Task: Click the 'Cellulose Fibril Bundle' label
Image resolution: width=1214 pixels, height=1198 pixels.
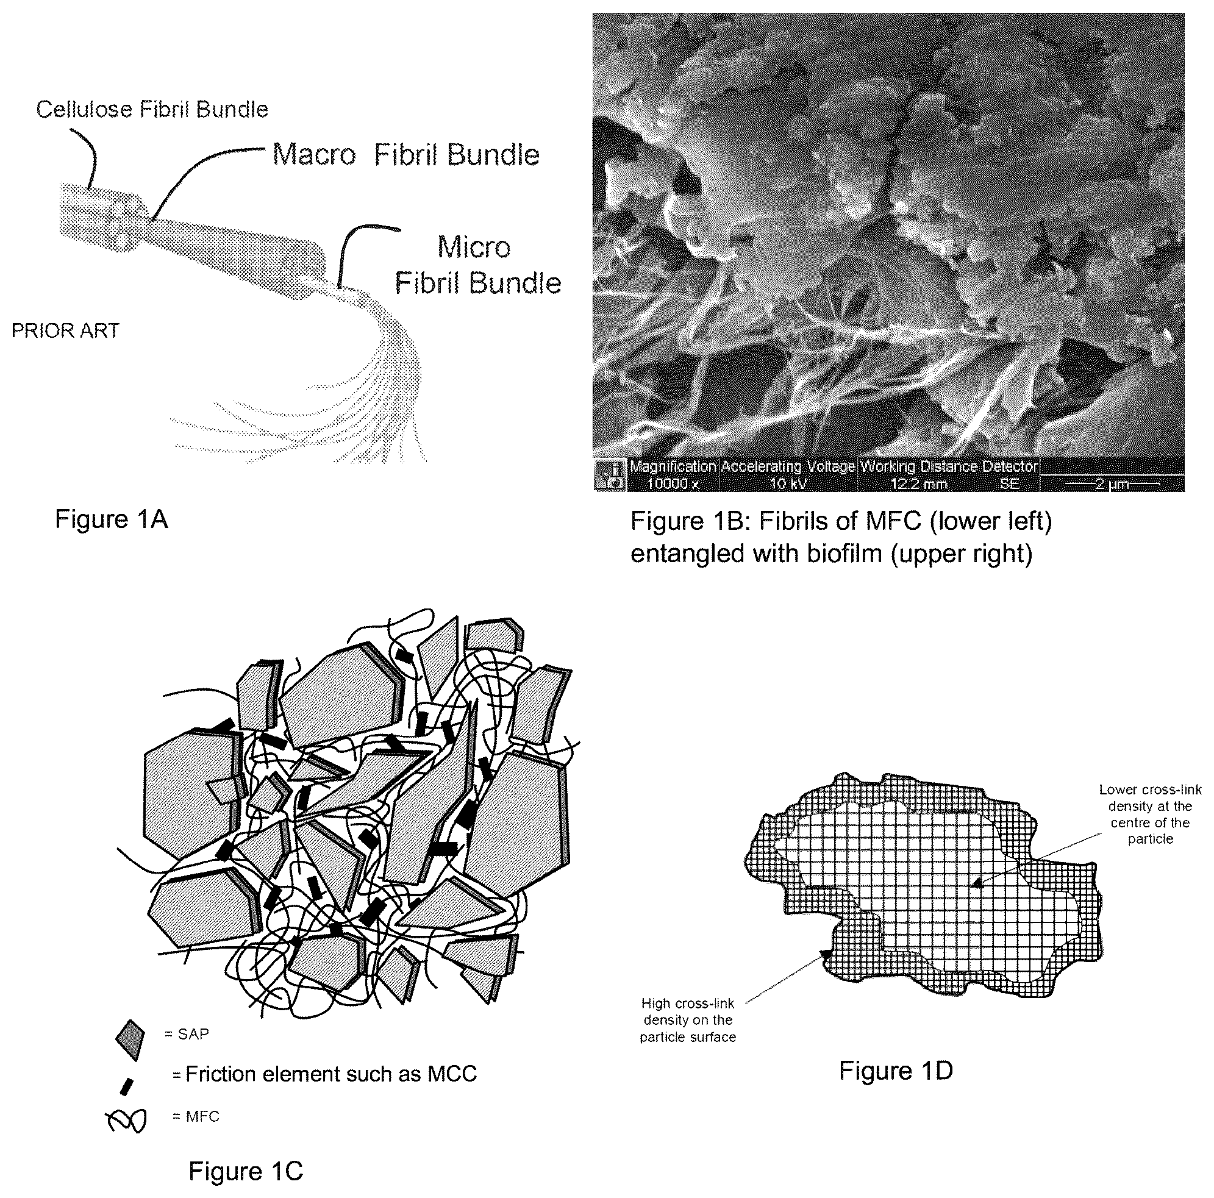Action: pyautogui.click(x=152, y=110)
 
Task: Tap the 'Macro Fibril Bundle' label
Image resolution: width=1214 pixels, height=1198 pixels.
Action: pyautogui.click(x=406, y=154)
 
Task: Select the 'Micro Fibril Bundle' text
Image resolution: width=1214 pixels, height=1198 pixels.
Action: pyautogui.click(x=477, y=265)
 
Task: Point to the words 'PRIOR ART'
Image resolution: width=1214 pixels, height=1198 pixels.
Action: pyautogui.click(x=65, y=330)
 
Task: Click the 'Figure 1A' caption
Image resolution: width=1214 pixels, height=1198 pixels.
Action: pyautogui.click(x=111, y=519)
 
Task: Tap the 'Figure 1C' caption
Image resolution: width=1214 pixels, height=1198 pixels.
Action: pyautogui.click(x=246, y=1172)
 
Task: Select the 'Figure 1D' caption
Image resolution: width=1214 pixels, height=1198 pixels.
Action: pyautogui.click(x=896, y=1071)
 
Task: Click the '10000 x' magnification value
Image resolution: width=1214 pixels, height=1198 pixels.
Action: pyautogui.click(x=672, y=483)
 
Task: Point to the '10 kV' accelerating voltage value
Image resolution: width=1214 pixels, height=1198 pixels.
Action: pyautogui.click(x=788, y=483)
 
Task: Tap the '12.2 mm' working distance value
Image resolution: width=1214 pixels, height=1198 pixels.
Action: pyautogui.click(x=919, y=483)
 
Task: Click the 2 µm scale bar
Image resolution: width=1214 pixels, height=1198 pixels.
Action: pyautogui.click(x=1112, y=483)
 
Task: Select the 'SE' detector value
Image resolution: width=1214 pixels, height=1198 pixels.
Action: pyautogui.click(x=1009, y=483)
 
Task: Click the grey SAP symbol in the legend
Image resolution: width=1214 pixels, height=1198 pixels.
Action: pyautogui.click(x=130, y=1037)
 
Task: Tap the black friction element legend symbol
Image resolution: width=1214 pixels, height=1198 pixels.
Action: pyautogui.click(x=127, y=1087)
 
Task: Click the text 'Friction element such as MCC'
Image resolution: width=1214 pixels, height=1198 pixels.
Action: pyautogui.click(x=331, y=1074)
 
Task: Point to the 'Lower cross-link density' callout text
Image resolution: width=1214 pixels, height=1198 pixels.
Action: pyautogui.click(x=1150, y=814)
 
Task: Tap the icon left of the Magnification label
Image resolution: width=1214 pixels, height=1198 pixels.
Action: pyautogui.click(x=610, y=475)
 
